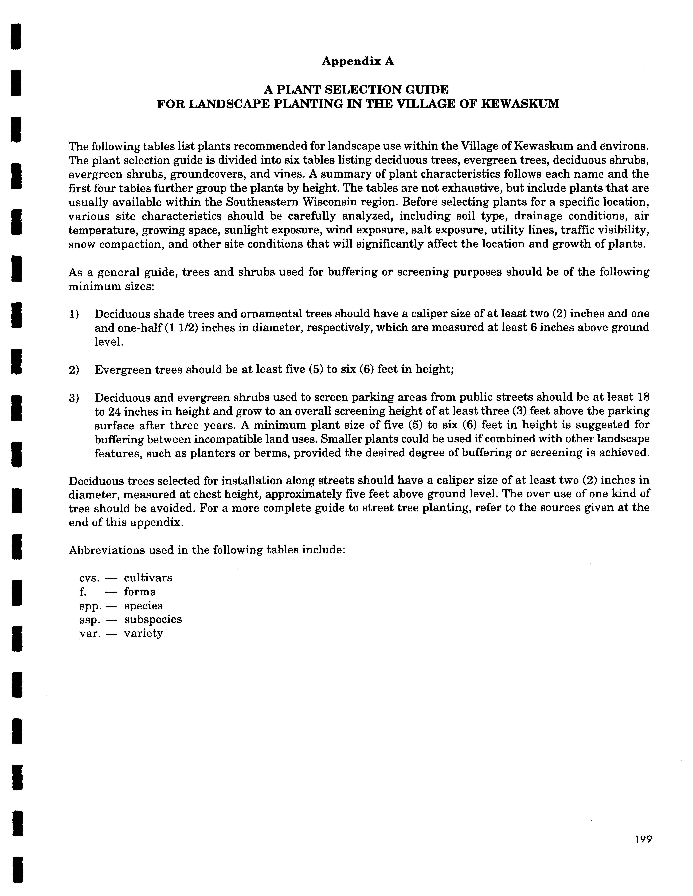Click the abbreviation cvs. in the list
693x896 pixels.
[x=89, y=578]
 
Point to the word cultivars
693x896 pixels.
[x=148, y=578]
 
